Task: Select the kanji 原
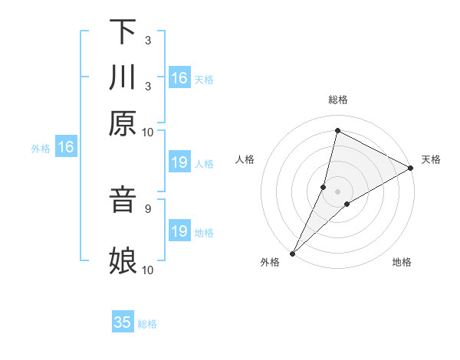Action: click(123, 124)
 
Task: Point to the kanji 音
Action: click(123, 201)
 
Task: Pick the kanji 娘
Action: click(123, 260)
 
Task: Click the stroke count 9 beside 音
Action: click(148, 208)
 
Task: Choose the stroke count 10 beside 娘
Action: click(148, 270)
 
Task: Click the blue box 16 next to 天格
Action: click(179, 77)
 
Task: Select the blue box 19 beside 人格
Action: click(179, 162)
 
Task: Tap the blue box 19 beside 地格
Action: click(179, 231)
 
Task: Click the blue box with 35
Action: click(123, 322)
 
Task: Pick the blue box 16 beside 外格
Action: click(66, 147)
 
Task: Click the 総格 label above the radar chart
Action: click(337, 100)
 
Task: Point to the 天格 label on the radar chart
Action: click(431, 159)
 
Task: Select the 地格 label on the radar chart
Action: click(402, 262)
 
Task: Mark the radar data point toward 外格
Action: click(292, 253)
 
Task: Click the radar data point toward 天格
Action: click(410, 169)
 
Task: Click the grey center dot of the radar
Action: click(337, 191)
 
